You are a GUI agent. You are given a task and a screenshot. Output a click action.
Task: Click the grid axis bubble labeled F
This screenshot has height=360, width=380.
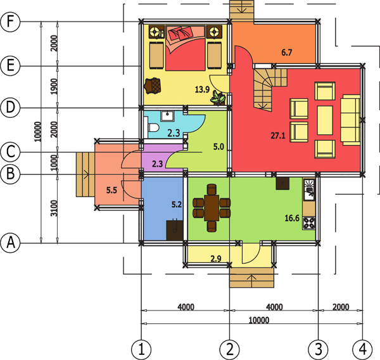tap(9, 22)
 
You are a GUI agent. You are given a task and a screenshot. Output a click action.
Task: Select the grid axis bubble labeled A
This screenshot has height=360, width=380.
tap(9, 242)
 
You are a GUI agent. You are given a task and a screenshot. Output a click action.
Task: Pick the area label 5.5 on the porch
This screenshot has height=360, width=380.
tap(111, 190)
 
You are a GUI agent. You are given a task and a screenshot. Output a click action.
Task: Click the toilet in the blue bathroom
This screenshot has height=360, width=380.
tap(153, 129)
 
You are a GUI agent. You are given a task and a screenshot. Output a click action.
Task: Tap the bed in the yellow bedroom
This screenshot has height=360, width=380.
tap(184, 49)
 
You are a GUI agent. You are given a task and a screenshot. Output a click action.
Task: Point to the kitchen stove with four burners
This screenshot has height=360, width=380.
tap(310, 223)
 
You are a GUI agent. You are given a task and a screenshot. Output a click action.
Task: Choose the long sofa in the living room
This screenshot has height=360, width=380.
tap(350, 119)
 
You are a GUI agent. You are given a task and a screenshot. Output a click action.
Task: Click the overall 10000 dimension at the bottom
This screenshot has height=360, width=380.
tap(251, 320)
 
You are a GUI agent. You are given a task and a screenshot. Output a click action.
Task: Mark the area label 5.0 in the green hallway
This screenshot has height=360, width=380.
tap(218, 147)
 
